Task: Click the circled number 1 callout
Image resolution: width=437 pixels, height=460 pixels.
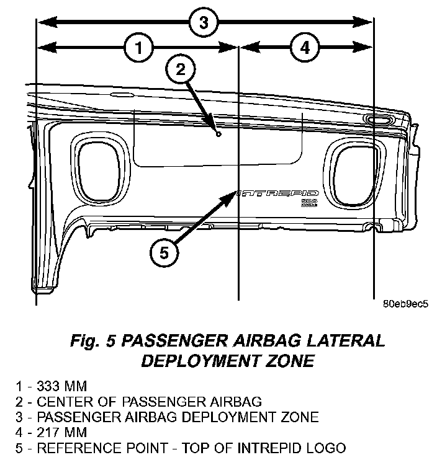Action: click(139, 47)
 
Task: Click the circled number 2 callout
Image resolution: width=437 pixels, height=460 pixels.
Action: click(179, 69)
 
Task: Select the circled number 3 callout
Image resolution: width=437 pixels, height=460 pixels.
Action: click(203, 23)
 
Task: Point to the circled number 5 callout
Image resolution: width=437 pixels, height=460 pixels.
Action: click(164, 252)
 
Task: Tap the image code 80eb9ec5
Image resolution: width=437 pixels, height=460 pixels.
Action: click(405, 304)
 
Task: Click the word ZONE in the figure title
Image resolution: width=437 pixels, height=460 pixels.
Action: click(290, 360)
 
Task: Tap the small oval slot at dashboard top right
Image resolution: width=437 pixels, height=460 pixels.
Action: click(378, 118)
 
